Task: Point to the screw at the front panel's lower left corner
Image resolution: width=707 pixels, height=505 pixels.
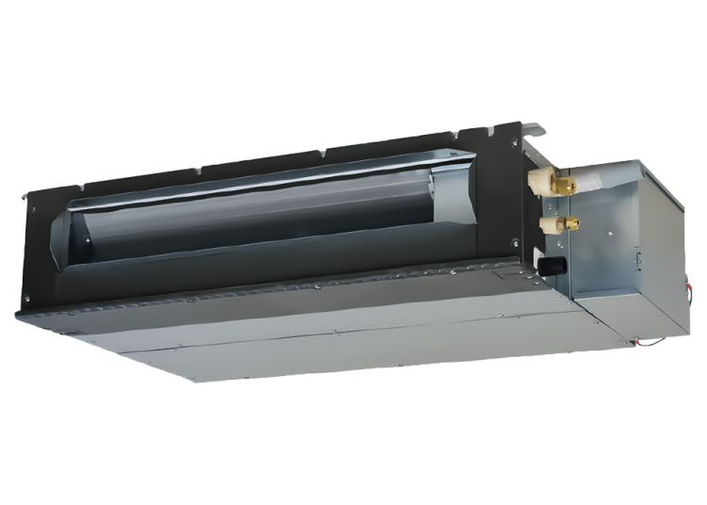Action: tap(27, 301)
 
